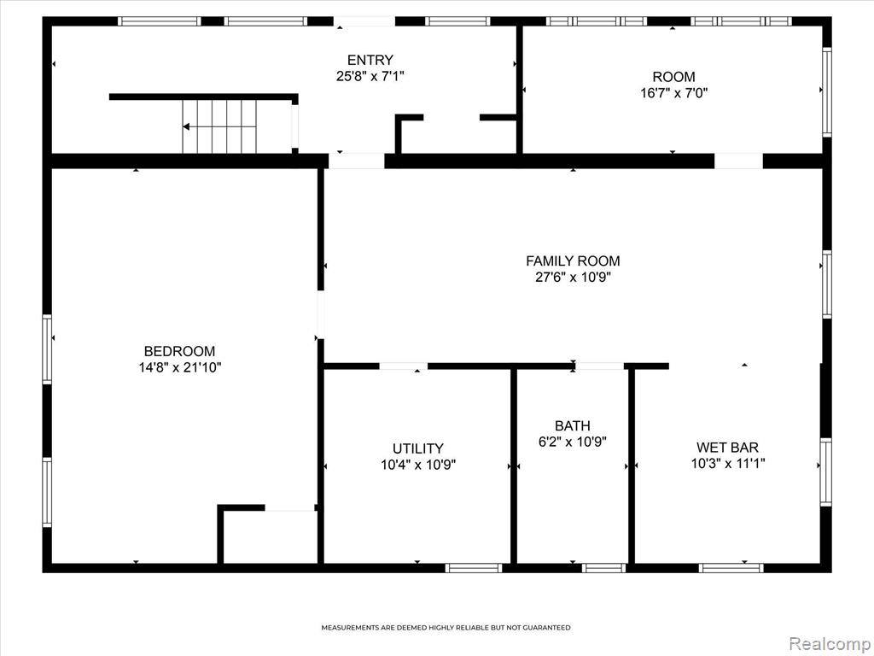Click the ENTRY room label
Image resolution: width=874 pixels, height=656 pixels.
[370, 60]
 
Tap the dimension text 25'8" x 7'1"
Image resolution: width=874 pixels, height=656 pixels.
[370, 76]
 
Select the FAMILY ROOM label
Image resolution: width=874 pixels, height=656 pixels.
[573, 261]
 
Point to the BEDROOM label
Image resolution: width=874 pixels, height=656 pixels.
[179, 351]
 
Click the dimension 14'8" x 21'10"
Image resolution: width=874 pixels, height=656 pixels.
[180, 367]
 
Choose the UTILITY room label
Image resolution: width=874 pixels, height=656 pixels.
[418, 448]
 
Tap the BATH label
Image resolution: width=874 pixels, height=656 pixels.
[573, 426]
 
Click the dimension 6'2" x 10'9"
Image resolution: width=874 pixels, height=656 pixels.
[573, 442]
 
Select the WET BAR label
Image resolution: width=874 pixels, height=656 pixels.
[727, 448]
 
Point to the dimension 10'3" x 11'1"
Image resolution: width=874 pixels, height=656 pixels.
[728, 463]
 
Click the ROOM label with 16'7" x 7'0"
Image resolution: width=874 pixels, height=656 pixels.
[674, 76]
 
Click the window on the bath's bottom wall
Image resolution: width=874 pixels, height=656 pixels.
[603, 568]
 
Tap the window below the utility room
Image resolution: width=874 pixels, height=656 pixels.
[474, 568]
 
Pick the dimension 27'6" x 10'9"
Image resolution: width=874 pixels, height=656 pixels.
[573, 277]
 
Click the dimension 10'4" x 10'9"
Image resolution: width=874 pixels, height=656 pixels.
[418, 464]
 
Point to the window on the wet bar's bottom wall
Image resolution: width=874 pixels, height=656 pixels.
[731, 568]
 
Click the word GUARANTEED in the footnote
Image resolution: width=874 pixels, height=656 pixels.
[548, 628]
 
